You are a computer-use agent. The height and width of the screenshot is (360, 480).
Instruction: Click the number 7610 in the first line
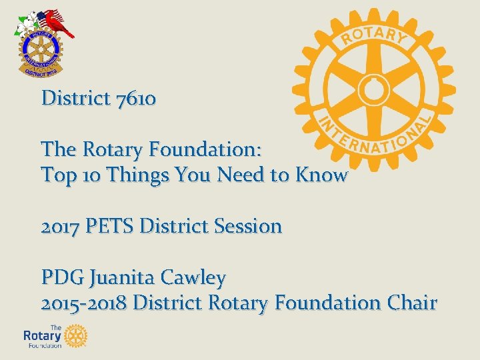[136, 99]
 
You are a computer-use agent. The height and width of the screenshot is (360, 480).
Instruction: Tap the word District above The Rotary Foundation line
[75, 99]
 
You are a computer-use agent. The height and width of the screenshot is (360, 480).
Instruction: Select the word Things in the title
[136, 175]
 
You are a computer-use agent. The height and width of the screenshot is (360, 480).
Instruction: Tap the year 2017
[59, 226]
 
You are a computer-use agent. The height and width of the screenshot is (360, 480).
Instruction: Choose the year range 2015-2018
[84, 303]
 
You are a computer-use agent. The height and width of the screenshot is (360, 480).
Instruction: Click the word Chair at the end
[412, 303]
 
